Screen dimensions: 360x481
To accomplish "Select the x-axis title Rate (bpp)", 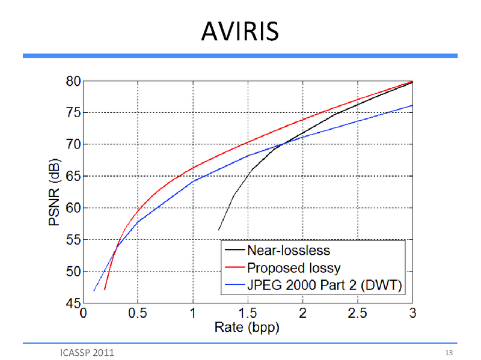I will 247,329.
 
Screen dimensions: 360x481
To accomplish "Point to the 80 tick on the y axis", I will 72,81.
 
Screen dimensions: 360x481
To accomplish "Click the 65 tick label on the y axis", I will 72,176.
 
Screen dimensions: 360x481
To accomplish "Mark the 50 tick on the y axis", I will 72,271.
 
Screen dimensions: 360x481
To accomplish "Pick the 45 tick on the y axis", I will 72,303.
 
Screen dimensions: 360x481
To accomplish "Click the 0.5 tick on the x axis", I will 138,314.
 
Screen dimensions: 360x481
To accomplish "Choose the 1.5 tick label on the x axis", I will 248,314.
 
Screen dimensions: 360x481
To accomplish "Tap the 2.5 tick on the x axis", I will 357,314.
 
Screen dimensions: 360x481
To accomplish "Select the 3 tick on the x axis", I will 412,314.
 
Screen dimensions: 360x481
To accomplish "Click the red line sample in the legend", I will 233,266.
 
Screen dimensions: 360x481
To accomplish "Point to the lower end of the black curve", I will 219,230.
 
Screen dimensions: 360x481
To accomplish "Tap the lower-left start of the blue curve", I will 94,291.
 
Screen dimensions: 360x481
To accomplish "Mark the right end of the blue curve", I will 412,105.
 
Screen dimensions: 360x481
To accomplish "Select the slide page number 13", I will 449,352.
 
